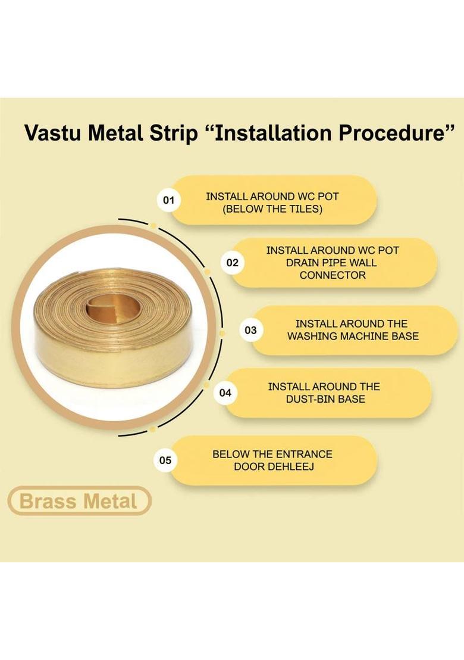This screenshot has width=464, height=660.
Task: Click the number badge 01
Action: [x=168, y=200]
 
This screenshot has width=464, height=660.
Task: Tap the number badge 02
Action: [x=232, y=263]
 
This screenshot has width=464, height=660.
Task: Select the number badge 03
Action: [x=250, y=330]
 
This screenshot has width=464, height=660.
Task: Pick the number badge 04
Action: [x=225, y=393]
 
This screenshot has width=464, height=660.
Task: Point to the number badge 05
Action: [x=165, y=460]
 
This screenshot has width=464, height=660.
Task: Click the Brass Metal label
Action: [x=79, y=501]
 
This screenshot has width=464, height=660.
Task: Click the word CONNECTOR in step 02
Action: [x=333, y=275]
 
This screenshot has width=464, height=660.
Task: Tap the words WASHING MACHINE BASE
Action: [x=353, y=336]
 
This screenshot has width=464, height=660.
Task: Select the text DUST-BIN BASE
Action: [x=325, y=399]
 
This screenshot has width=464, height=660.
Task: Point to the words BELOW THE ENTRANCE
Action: [x=272, y=454]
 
